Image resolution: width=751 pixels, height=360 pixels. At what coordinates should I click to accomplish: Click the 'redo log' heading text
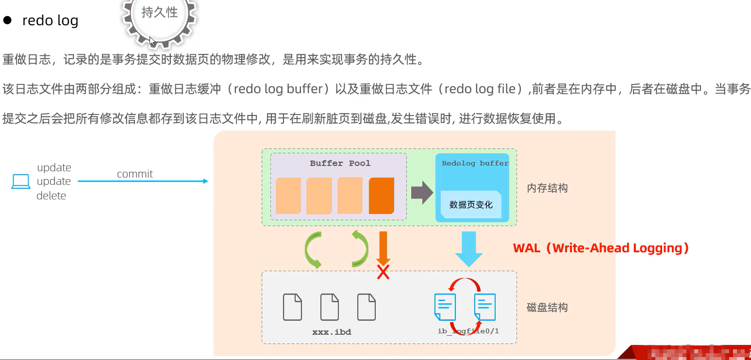50,21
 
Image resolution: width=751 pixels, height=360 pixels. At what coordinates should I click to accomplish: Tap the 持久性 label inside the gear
160,12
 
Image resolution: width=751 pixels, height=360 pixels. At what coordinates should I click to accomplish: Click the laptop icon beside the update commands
21,181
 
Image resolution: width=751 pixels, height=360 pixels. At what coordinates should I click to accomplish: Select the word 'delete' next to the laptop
51,196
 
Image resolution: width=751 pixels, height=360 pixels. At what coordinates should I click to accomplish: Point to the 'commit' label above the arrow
134,174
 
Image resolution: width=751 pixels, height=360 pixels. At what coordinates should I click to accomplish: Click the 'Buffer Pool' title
340,164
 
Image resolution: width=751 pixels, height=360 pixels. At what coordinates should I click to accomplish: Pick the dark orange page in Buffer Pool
381,196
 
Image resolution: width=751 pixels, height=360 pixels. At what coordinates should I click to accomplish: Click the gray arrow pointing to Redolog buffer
421,193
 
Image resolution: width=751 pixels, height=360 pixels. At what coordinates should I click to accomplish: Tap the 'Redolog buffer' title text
475,164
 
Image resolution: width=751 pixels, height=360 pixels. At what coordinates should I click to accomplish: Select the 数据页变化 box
471,205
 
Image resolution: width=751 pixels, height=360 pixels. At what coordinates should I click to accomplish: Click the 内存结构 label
547,188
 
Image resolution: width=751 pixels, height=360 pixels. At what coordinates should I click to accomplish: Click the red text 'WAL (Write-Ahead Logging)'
601,248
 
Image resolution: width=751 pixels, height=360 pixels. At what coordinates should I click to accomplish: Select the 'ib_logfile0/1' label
468,331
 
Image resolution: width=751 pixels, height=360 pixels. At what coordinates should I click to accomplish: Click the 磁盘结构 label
547,308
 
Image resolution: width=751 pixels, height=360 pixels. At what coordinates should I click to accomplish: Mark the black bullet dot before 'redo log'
7,20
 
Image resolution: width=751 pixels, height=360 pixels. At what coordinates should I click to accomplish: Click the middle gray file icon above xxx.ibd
330,307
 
